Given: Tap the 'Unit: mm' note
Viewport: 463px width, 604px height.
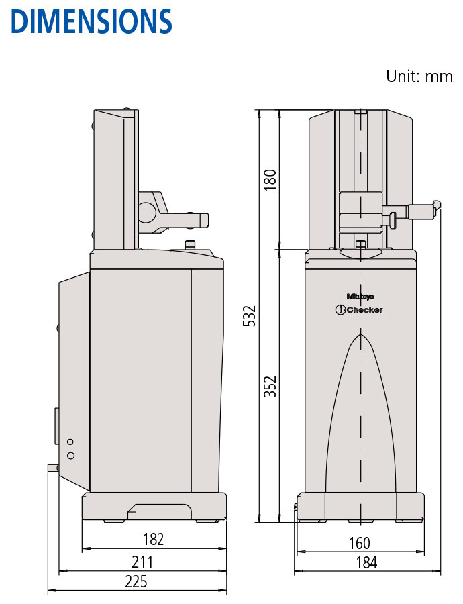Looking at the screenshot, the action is coord(419,77).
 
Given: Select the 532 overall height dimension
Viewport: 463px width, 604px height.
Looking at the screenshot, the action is coord(250,316).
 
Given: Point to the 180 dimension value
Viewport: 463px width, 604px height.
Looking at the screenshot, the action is coord(270,179).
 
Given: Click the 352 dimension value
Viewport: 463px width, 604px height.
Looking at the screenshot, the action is coord(270,387).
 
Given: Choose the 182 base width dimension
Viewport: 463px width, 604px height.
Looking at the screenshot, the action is coord(153,540).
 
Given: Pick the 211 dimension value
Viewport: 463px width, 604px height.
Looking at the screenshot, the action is coord(142,562).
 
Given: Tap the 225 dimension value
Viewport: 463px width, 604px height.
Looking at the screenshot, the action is coord(136,582).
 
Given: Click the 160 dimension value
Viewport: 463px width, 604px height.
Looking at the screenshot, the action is coord(360,543).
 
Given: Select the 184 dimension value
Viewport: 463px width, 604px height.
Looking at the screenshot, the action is coord(366,563).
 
